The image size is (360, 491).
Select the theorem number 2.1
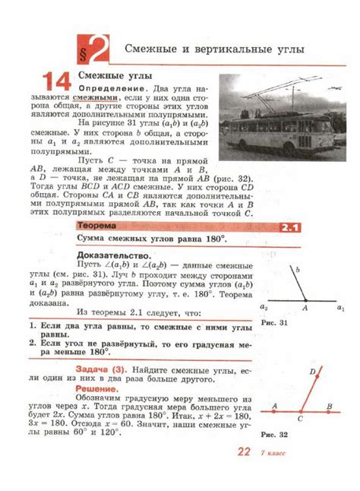tap(291, 227)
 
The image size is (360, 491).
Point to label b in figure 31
tap(298, 269)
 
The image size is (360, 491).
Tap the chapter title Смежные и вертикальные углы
tap(214, 50)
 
